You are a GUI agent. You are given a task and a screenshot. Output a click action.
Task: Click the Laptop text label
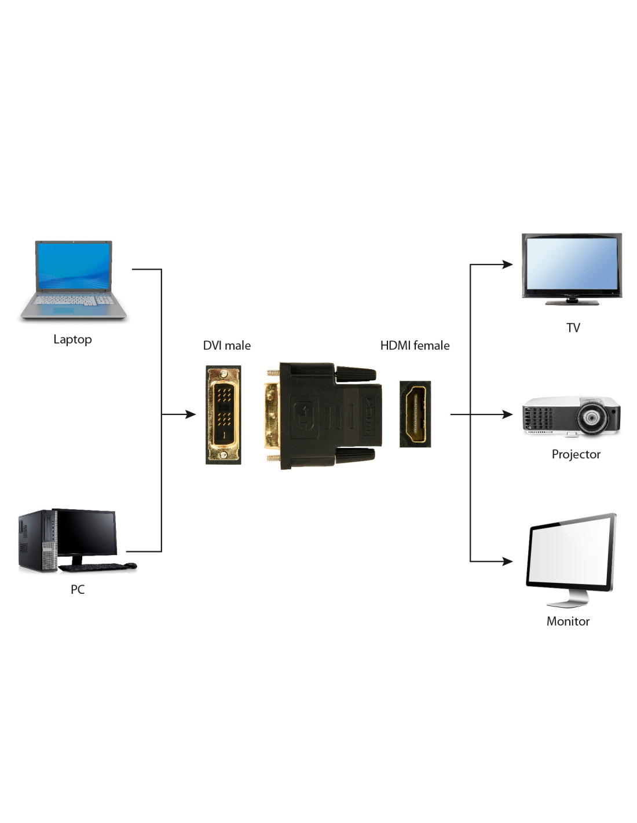tap(72, 339)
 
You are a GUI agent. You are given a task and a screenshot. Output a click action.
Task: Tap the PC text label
tap(78, 589)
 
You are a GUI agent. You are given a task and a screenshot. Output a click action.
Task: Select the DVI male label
tap(226, 346)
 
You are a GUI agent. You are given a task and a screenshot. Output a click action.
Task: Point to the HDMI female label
tap(415, 346)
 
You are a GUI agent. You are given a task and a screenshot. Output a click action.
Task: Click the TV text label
tap(573, 328)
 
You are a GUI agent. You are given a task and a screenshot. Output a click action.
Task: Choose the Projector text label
tap(576, 454)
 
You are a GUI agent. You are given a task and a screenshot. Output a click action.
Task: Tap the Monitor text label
tap(568, 621)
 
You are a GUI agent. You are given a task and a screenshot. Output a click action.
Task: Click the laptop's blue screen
tap(73, 266)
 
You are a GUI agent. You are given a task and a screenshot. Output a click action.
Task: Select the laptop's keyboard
tap(73, 300)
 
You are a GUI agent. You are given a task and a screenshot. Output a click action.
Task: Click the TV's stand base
tap(572, 302)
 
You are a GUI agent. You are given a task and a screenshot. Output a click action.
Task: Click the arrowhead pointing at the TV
tap(507, 264)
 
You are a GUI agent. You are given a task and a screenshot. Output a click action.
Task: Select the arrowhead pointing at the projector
tap(507, 414)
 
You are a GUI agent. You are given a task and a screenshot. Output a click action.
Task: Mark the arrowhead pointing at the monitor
tap(507, 561)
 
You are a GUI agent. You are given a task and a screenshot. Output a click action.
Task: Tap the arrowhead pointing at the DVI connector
tap(191, 414)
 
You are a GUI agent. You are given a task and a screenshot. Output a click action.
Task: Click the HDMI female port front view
tap(415, 414)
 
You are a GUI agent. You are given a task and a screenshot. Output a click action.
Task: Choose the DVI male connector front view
tap(224, 414)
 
